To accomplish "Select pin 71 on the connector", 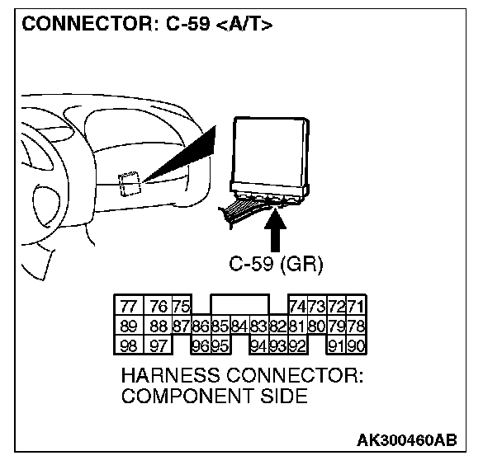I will pos(357,307).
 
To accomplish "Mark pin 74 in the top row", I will pos(297,307).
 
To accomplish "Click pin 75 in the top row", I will pos(181,307).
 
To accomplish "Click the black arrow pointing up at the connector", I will pos(277,231).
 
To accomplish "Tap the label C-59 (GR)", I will pos(276,265).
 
